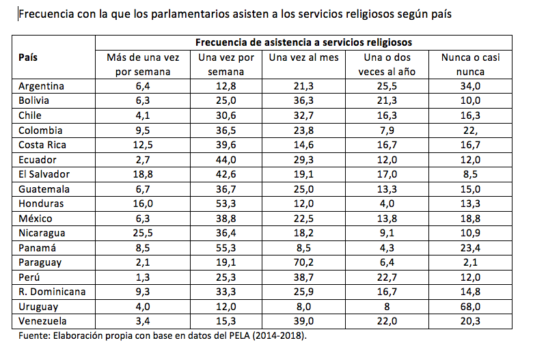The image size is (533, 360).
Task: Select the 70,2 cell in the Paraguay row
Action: [x=304, y=262]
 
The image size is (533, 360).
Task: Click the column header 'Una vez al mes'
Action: [x=304, y=58]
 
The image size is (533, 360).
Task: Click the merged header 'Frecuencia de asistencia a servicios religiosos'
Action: [x=304, y=42]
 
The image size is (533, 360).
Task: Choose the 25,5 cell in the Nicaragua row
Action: [x=143, y=233]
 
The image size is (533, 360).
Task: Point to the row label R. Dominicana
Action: [x=52, y=292]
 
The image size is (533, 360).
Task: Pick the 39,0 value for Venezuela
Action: [x=304, y=321]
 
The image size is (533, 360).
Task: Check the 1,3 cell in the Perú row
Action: [x=143, y=277]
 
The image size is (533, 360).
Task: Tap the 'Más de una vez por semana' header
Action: [x=143, y=64]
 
